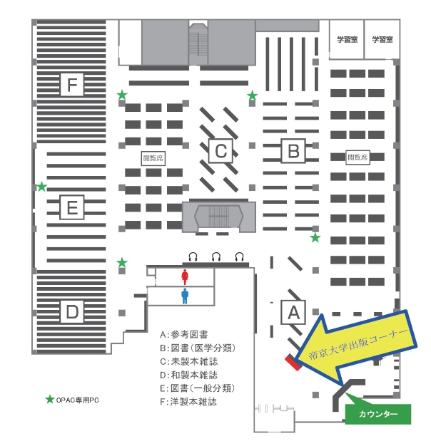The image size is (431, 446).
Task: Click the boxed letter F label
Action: (x=71, y=85)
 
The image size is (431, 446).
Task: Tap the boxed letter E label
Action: (x=71, y=208)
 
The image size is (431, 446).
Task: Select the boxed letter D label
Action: (x=71, y=311)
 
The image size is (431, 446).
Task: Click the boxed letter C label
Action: (x=220, y=151)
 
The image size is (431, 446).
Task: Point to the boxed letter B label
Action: (x=293, y=151)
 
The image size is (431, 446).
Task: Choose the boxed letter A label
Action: (x=293, y=311)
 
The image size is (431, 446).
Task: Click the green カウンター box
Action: (x=378, y=414)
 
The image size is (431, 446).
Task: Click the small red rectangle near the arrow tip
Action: (x=292, y=362)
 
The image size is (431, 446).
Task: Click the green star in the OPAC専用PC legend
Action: (x=49, y=400)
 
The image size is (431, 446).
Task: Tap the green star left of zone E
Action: (x=41, y=187)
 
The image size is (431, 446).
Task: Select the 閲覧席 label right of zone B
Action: (x=357, y=157)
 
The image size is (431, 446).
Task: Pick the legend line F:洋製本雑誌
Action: (x=189, y=401)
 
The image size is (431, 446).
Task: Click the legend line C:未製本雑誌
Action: (x=189, y=361)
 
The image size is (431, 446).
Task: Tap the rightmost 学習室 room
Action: (x=382, y=41)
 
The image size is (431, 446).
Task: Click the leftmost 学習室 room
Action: (x=348, y=41)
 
